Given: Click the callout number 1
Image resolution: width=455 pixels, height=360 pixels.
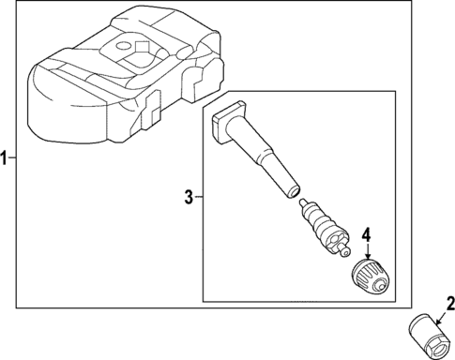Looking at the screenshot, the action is pos(6,157).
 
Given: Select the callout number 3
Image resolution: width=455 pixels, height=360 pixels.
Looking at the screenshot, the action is pos(188,197).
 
